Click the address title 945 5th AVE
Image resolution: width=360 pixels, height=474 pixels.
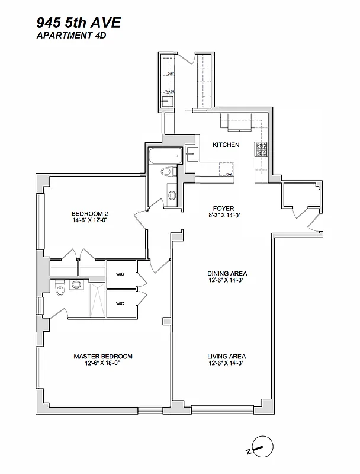point(78,23)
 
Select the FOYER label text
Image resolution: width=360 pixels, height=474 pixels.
point(224,209)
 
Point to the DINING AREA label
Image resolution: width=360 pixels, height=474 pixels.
point(227,273)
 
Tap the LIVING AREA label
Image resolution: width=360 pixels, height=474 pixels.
point(227,356)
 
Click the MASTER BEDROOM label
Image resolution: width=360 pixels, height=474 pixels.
point(103,357)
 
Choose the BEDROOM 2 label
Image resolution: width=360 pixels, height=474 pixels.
point(89,214)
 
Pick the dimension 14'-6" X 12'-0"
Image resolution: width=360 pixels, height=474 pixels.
point(89,220)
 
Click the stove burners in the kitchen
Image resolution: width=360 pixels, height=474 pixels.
point(261,151)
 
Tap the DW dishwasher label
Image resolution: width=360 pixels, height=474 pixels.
point(229,174)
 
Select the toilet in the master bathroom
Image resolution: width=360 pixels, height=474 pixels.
point(58,290)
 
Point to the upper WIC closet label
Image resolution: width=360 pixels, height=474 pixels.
point(120,273)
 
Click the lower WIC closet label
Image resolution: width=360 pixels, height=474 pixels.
point(120,303)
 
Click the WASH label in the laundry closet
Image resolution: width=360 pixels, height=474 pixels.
point(169,91)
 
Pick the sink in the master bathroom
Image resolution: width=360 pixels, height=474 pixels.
point(76,285)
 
